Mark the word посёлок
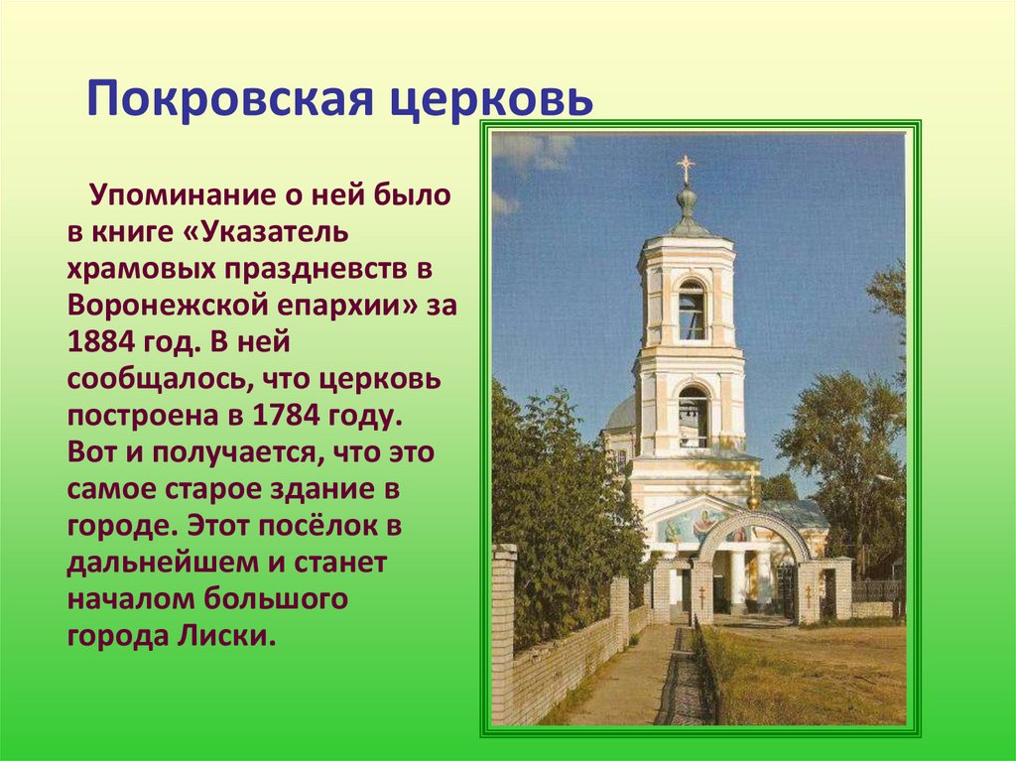342,526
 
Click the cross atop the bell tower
686,168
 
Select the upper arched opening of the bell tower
692,311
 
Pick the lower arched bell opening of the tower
694,417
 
